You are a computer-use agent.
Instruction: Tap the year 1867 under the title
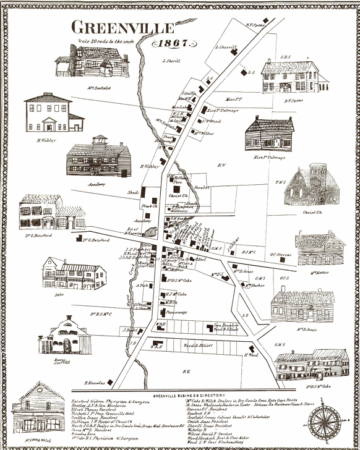174,44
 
